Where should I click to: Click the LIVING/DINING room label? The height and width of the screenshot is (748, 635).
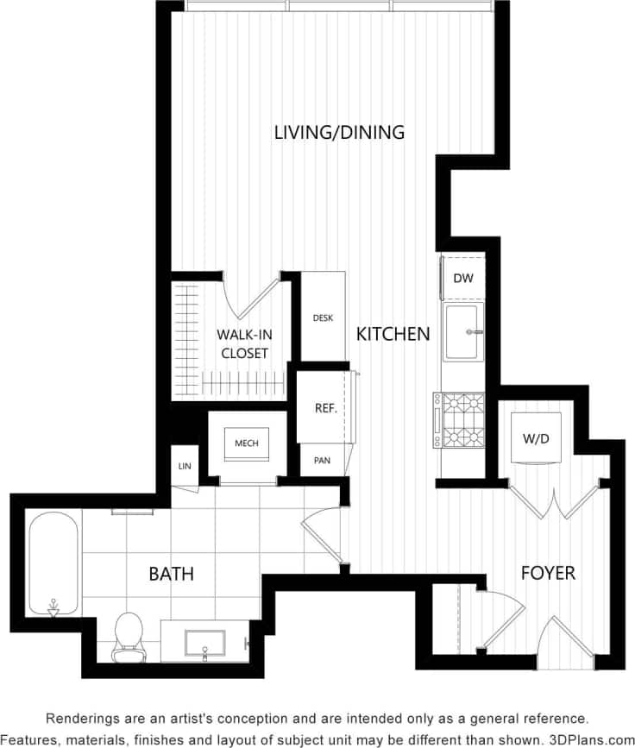pos(339,132)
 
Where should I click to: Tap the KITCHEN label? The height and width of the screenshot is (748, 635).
pos(393,334)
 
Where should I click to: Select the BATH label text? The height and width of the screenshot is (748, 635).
pos(171,574)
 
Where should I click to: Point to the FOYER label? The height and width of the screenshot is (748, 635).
pos(548,572)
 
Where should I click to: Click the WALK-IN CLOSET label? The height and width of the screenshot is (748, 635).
pos(242,343)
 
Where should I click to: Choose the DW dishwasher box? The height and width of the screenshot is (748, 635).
pos(463,279)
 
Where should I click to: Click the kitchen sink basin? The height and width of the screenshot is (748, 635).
pos(463,331)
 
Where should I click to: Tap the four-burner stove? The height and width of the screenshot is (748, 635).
pos(459,420)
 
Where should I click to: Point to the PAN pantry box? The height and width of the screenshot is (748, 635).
pos(322,461)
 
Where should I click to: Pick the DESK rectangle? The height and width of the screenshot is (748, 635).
pos(323,317)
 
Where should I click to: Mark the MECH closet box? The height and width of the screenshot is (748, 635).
pos(247,443)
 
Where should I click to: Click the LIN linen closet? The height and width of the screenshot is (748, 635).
pos(184,467)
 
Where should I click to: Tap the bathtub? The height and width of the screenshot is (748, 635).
pos(53,564)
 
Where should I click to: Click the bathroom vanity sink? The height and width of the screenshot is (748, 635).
pos(205,644)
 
